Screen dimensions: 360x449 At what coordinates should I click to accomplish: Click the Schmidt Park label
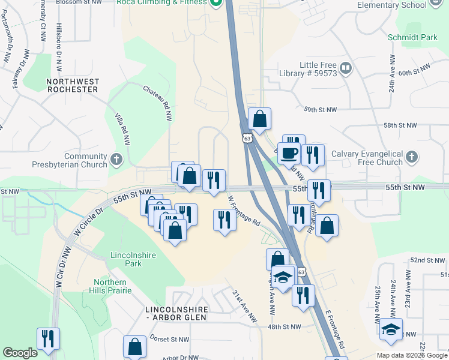click(x=420, y=37)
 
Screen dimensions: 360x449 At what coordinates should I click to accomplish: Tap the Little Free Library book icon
click(x=345, y=68)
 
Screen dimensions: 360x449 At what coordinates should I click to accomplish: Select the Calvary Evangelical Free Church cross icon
click(x=411, y=157)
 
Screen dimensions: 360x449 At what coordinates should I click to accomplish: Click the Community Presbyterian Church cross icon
click(x=116, y=160)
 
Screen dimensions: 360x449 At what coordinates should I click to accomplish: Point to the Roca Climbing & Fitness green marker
click(x=215, y=2)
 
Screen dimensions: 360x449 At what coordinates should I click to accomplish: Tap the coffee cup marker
click(x=289, y=153)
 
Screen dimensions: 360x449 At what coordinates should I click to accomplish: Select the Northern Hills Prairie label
click(x=109, y=287)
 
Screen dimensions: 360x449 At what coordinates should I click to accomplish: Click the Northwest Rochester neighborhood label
click(x=72, y=85)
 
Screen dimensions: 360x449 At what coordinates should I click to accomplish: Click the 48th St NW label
click(x=283, y=327)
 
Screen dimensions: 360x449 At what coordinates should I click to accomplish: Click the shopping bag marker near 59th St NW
click(x=259, y=119)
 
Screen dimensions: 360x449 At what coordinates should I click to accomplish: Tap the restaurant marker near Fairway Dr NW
click(x=48, y=338)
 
